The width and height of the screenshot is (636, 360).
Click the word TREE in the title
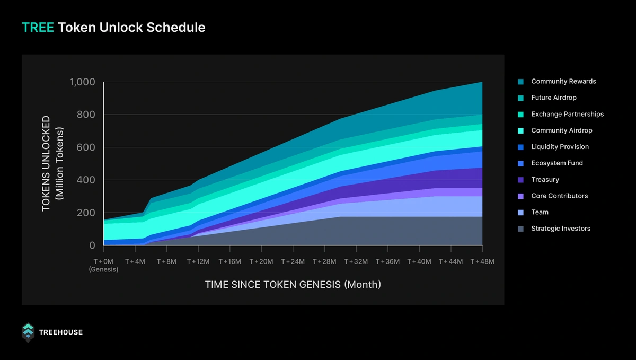tap(37, 27)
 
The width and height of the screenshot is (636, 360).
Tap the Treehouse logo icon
tap(28, 332)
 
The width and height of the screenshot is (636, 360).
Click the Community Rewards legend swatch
tap(520, 82)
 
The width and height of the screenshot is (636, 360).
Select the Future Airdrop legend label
tap(553, 98)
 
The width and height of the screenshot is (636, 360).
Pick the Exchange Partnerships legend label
tap(567, 114)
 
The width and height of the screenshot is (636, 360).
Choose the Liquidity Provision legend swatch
tap(520, 147)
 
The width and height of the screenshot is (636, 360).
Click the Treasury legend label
tap(545, 180)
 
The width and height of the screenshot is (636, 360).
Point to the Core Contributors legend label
tap(559, 196)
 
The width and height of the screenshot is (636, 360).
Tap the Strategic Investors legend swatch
tap(520, 229)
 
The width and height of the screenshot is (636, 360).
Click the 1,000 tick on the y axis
tap(82, 82)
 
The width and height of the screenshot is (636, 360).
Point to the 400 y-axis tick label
tap(86, 180)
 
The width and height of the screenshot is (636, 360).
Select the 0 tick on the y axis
tap(92, 245)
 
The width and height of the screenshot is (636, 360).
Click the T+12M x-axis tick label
tap(199, 261)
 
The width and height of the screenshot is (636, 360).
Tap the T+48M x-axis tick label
tap(482, 261)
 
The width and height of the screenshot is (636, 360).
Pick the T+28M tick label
tap(325, 261)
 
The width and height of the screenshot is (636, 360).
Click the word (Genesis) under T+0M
tap(104, 269)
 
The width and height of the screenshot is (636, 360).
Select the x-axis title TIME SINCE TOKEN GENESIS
tap(293, 285)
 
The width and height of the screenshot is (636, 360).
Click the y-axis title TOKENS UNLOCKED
tap(47, 163)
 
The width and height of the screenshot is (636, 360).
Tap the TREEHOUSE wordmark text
tap(61, 332)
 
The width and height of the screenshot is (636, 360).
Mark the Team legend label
tap(540, 212)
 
